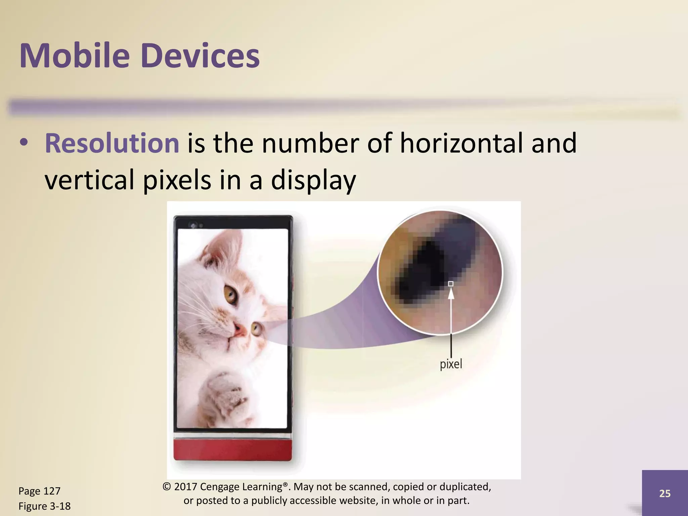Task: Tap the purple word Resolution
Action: pyautogui.click(x=112, y=143)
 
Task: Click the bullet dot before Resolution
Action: pyautogui.click(x=24, y=143)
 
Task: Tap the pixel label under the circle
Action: pyautogui.click(x=451, y=364)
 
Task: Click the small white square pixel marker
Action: pyautogui.click(x=451, y=284)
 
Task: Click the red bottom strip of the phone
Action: pyautogui.click(x=232, y=450)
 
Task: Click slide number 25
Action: pyautogui.click(x=664, y=493)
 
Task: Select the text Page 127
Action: pyautogui.click(x=39, y=491)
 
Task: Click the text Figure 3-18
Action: pyautogui.click(x=44, y=506)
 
